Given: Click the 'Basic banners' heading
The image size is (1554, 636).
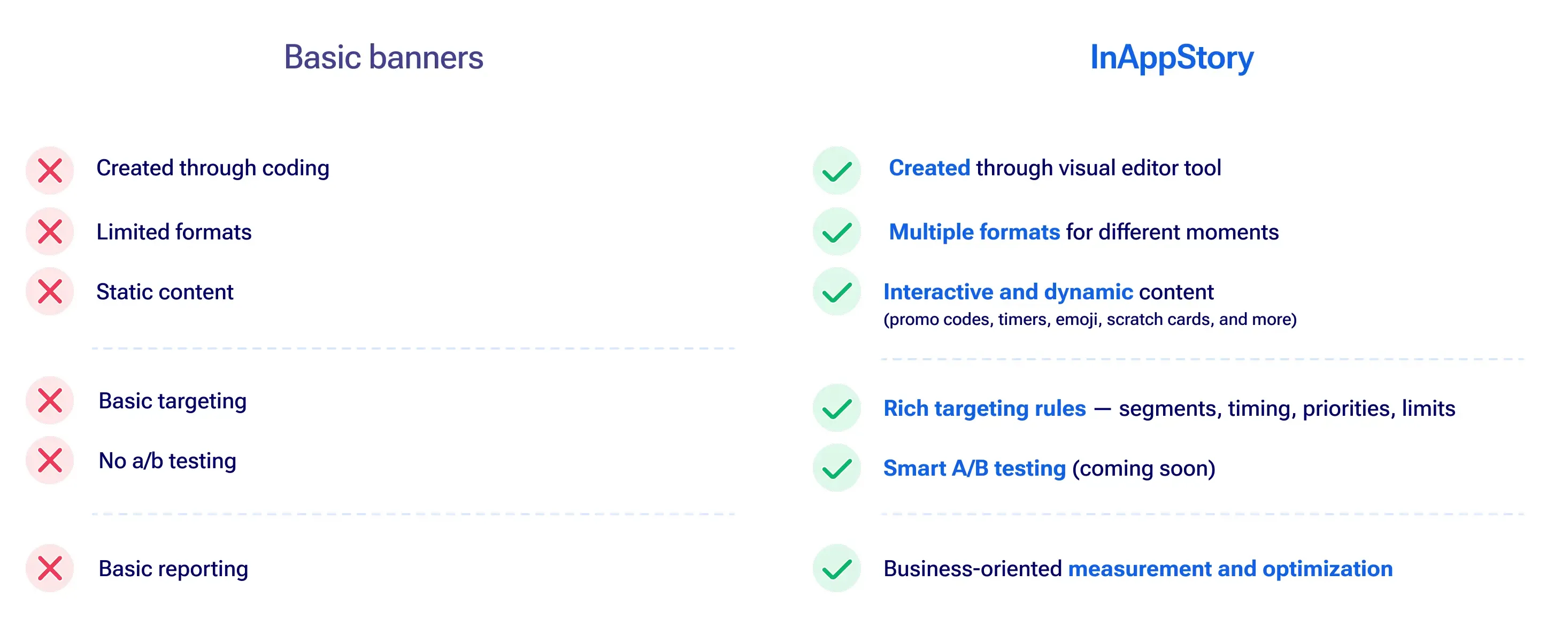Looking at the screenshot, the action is pos(383,57).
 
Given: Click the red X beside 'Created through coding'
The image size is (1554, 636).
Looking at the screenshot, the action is pos(50,170).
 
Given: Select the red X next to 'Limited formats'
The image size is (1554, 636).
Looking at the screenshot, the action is pos(50,231).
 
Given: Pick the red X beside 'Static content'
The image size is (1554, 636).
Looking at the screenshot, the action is pos(50,292).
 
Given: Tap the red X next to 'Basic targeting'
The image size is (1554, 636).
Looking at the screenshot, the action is pos(50,401).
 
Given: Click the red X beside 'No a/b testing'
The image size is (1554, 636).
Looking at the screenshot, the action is pos(50,461).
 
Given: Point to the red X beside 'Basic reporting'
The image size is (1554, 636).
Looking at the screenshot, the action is pos(50,569).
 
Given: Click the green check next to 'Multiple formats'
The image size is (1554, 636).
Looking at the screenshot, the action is pos(837,231).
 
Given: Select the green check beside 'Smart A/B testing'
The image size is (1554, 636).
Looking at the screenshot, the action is pos(837,468).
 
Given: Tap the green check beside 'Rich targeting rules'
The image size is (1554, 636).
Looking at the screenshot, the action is pos(837,408).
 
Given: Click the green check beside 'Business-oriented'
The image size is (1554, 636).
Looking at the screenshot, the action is pos(837,569).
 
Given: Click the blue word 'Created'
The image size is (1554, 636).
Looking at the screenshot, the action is pos(929,168).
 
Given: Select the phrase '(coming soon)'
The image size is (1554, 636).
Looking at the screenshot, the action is pos(1144,468).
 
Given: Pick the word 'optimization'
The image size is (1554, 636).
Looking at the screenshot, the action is pos(1328,569).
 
